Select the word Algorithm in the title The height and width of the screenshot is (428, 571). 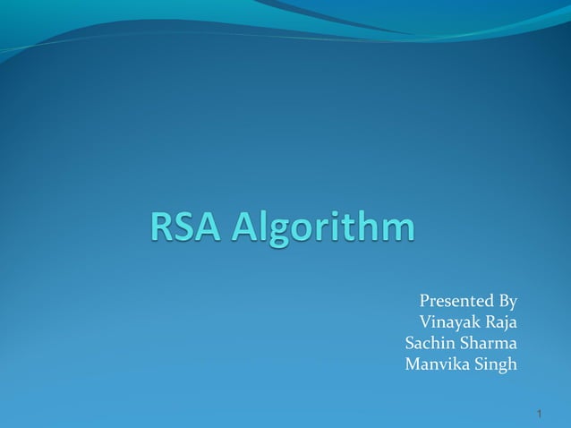(324, 227)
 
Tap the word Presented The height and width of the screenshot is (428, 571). (456, 300)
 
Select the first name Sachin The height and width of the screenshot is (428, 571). (433, 343)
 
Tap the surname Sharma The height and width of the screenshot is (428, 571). (491, 343)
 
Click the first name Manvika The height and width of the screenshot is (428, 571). (438, 364)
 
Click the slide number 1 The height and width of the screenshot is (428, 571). (541, 414)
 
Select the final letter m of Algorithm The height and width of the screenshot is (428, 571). (397, 228)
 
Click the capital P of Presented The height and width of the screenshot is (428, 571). (423, 300)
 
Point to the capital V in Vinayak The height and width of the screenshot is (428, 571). (424, 321)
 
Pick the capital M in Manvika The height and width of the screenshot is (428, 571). (413, 364)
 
